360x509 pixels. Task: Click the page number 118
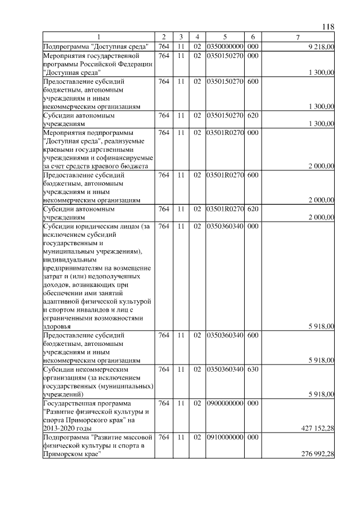[x=328, y=26]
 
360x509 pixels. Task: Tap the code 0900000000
[x=224, y=403]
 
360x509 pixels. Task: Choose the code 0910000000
[x=224, y=437]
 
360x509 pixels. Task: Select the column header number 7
[x=297, y=37]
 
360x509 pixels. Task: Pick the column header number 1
[x=98, y=37]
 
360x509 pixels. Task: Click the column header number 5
[x=224, y=37]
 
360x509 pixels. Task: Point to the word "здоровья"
[x=57, y=327]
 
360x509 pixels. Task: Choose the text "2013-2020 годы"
[x=69, y=429]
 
